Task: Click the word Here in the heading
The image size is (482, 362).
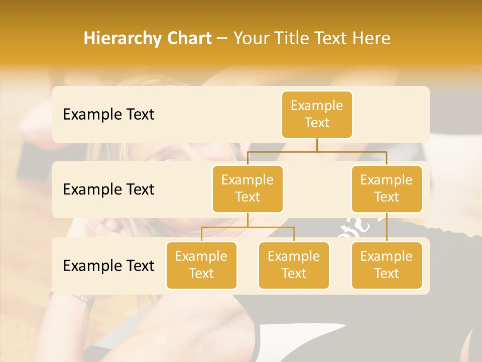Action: (373, 39)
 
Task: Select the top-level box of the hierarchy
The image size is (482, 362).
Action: (317, 115)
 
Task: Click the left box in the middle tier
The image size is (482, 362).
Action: (248, 189)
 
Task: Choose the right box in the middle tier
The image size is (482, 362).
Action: (387, 189)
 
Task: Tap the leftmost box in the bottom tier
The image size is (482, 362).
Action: (201, 265)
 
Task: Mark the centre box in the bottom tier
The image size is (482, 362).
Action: (294, 265)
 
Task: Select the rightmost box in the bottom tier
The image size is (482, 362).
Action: (387, 265)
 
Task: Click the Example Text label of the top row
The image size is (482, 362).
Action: (108, 115)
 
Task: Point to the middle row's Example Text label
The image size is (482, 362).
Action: (108, 190)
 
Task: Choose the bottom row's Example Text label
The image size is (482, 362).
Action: (108, 266)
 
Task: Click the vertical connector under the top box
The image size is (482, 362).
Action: (317, 145)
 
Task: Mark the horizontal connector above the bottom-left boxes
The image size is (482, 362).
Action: (248, 227)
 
